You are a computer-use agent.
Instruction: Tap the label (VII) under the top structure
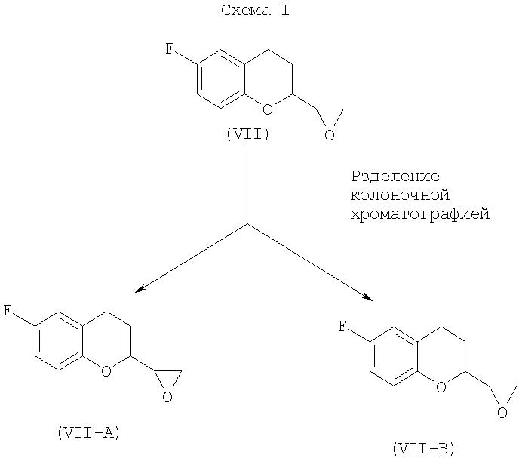[x=247, y=134]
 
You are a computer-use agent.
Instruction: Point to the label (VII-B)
[x=423, y=448]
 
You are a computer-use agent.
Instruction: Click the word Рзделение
[x=395, y=177]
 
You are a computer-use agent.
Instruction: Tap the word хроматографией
[x=420, y=214]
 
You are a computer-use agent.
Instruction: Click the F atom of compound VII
[x=170, y=51]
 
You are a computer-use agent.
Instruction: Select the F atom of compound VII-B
[x=343, y=326]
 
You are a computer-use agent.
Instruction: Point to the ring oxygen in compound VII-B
[x=441, y=387]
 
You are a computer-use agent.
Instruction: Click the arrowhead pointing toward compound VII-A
[x=139, y=289]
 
